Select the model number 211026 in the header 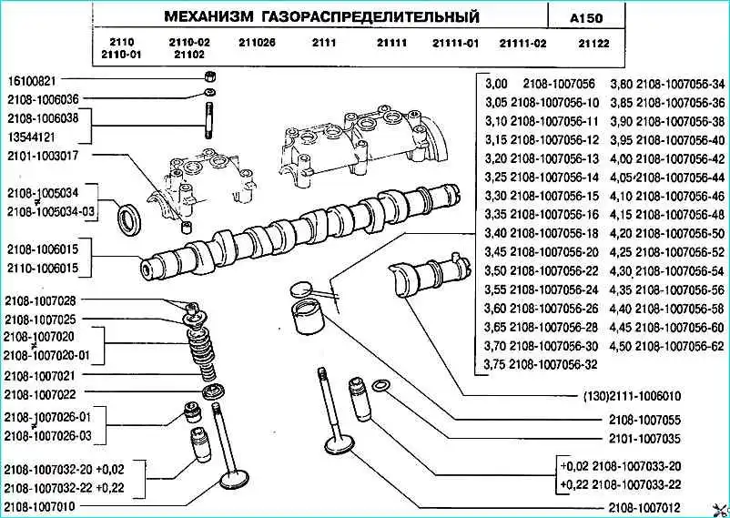click(x=258, y=43)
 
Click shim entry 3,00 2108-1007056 click(x=542, y=81)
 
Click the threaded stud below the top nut click(x=208, y=118)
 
